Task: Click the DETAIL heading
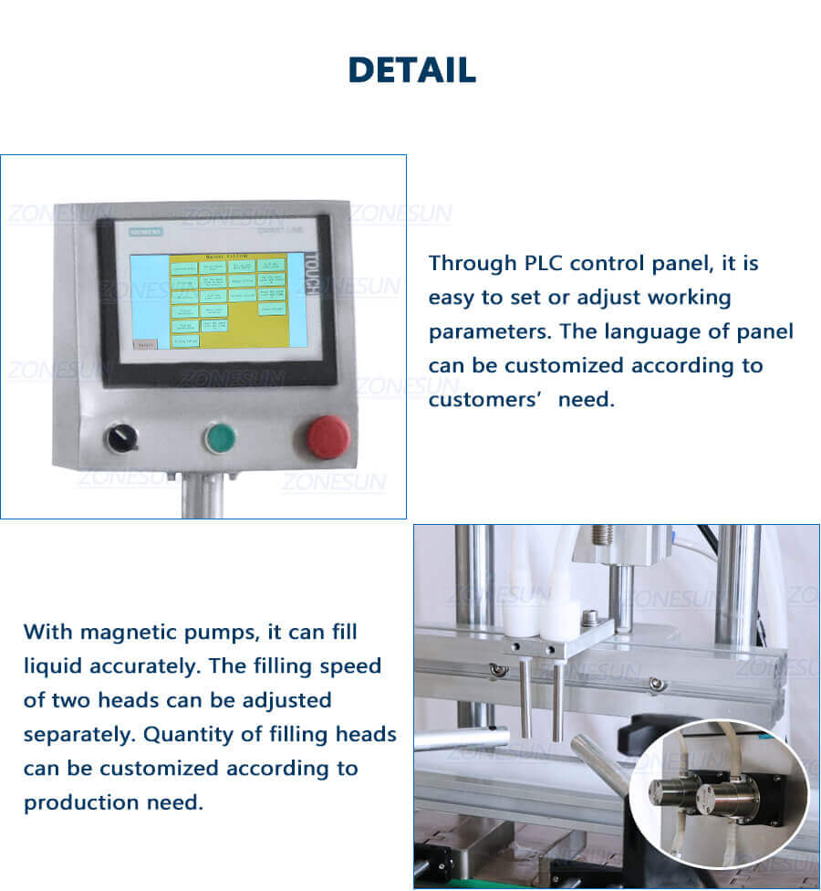(x=411, y=70)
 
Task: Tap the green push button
(x=219, y=438)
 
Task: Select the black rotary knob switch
(x=122, y=439)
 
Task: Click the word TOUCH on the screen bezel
(x=309, y=274)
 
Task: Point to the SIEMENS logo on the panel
(x=145, y=233)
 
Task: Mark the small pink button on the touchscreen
(x=145, y=344)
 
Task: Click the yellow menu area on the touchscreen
(x=228, y=301)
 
